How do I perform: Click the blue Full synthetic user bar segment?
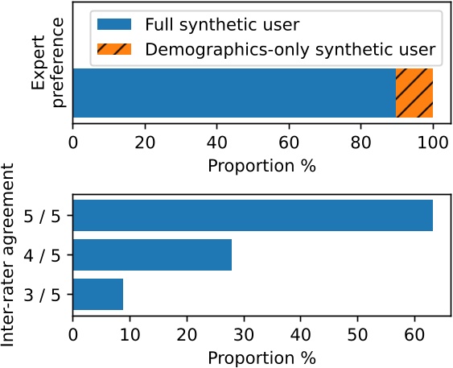click(233, 93)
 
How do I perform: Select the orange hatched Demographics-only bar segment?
click(414, 93)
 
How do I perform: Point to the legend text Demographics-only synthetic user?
click(290, 49)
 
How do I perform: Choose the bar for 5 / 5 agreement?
click(253, 216)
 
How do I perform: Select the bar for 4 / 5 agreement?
click(152, 255)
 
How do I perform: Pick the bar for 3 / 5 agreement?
click(98, 295)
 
